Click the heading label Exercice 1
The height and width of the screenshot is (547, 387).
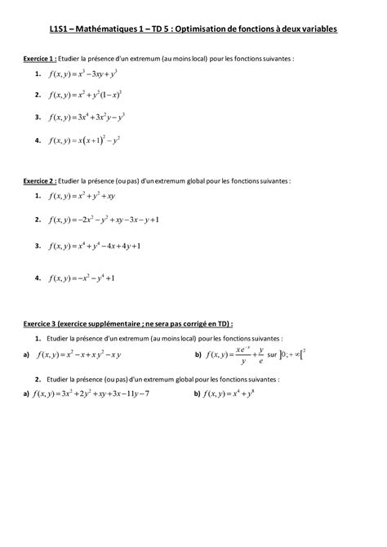(x=39, y=59)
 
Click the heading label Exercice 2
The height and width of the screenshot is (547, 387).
(x=39, y=180)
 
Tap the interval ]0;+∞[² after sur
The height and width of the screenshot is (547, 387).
(x=291, y=354)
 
